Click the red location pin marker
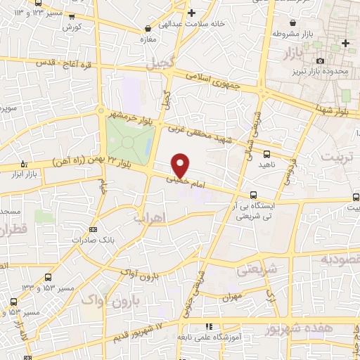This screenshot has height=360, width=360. [x=181, y=165]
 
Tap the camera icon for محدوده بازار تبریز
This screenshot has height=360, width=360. [x=321, y=62]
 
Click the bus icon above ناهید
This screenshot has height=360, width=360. [x=266, y=153]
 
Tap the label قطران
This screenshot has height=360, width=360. [x=12, y=229]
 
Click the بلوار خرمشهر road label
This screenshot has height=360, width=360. [x=129, y=114]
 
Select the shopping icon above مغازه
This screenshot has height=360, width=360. [x=148, y=29]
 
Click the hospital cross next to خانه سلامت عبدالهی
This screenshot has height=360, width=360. [x=191, y=13]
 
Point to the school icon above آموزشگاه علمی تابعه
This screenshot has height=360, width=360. [x=209, y=327]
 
